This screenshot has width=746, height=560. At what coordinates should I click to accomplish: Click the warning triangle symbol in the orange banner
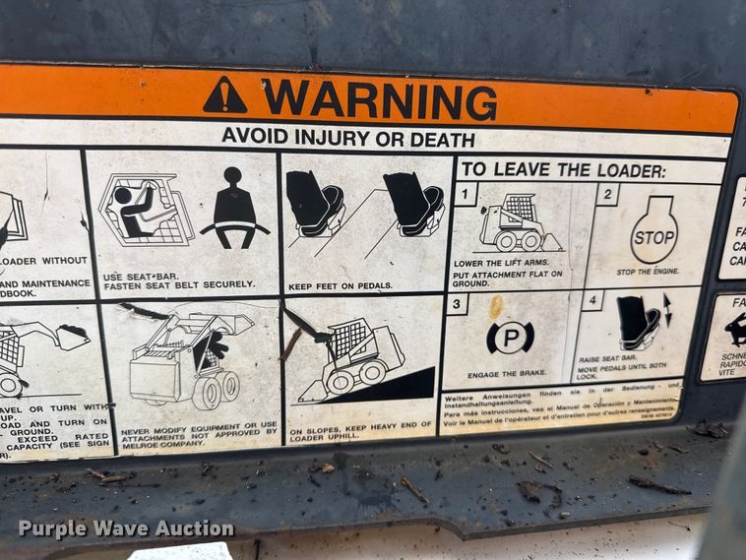click(x=225, y=95)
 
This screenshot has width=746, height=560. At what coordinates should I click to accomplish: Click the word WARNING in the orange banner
click(x=379, y=99)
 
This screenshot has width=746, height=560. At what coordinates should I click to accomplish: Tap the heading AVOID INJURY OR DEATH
click(x=347, y=138)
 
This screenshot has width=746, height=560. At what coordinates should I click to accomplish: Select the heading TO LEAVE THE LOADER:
click(x=563, y=169)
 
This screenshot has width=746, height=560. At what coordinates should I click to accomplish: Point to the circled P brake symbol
click(x=510, y=338)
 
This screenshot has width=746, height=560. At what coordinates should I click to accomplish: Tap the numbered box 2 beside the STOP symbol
click(x=608, y=195)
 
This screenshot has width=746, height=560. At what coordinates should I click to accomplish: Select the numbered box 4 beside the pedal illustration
click(x=591, y=300)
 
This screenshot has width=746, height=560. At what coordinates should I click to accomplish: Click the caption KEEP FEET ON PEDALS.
click(x=342, y=285)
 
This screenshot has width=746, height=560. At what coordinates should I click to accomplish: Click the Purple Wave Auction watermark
click(x=126, y=529)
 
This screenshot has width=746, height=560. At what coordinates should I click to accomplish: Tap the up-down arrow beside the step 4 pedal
click(x=668, y=310)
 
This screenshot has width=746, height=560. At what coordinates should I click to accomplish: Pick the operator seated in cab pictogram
click(x=145, y=209)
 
